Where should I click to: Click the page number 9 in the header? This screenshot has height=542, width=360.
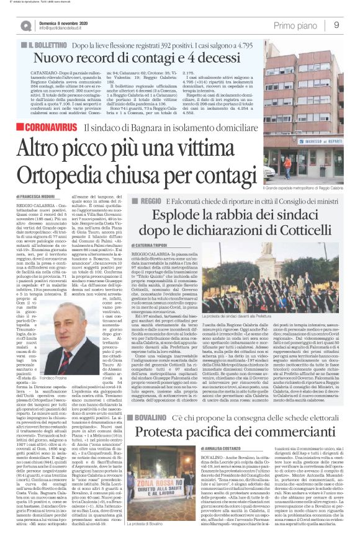point(336,24)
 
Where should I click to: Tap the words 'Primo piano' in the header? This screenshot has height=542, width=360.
point(294,24)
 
